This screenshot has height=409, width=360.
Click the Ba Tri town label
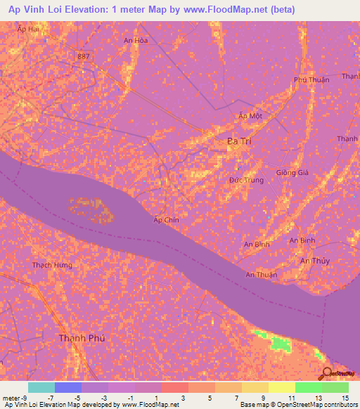click(x=239, y=141)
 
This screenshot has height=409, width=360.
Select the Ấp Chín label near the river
click(x=166, y=219)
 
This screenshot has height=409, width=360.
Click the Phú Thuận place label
click(x=311, y=80)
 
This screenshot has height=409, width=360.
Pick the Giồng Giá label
click(x=292, y=173)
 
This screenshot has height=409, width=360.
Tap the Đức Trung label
click(x=246, y=181)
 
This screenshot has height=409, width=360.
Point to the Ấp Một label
click(x=250, y=116)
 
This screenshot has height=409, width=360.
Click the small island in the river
click(x=89, y=208)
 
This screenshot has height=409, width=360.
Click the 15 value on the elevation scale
click(x=345, y=399)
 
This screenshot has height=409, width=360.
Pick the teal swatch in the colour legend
click(x=41, y=387)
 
